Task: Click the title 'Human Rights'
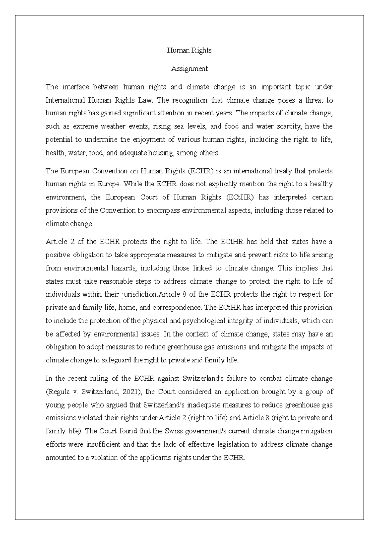(189, 50)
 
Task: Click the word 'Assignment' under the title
(189, 68)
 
